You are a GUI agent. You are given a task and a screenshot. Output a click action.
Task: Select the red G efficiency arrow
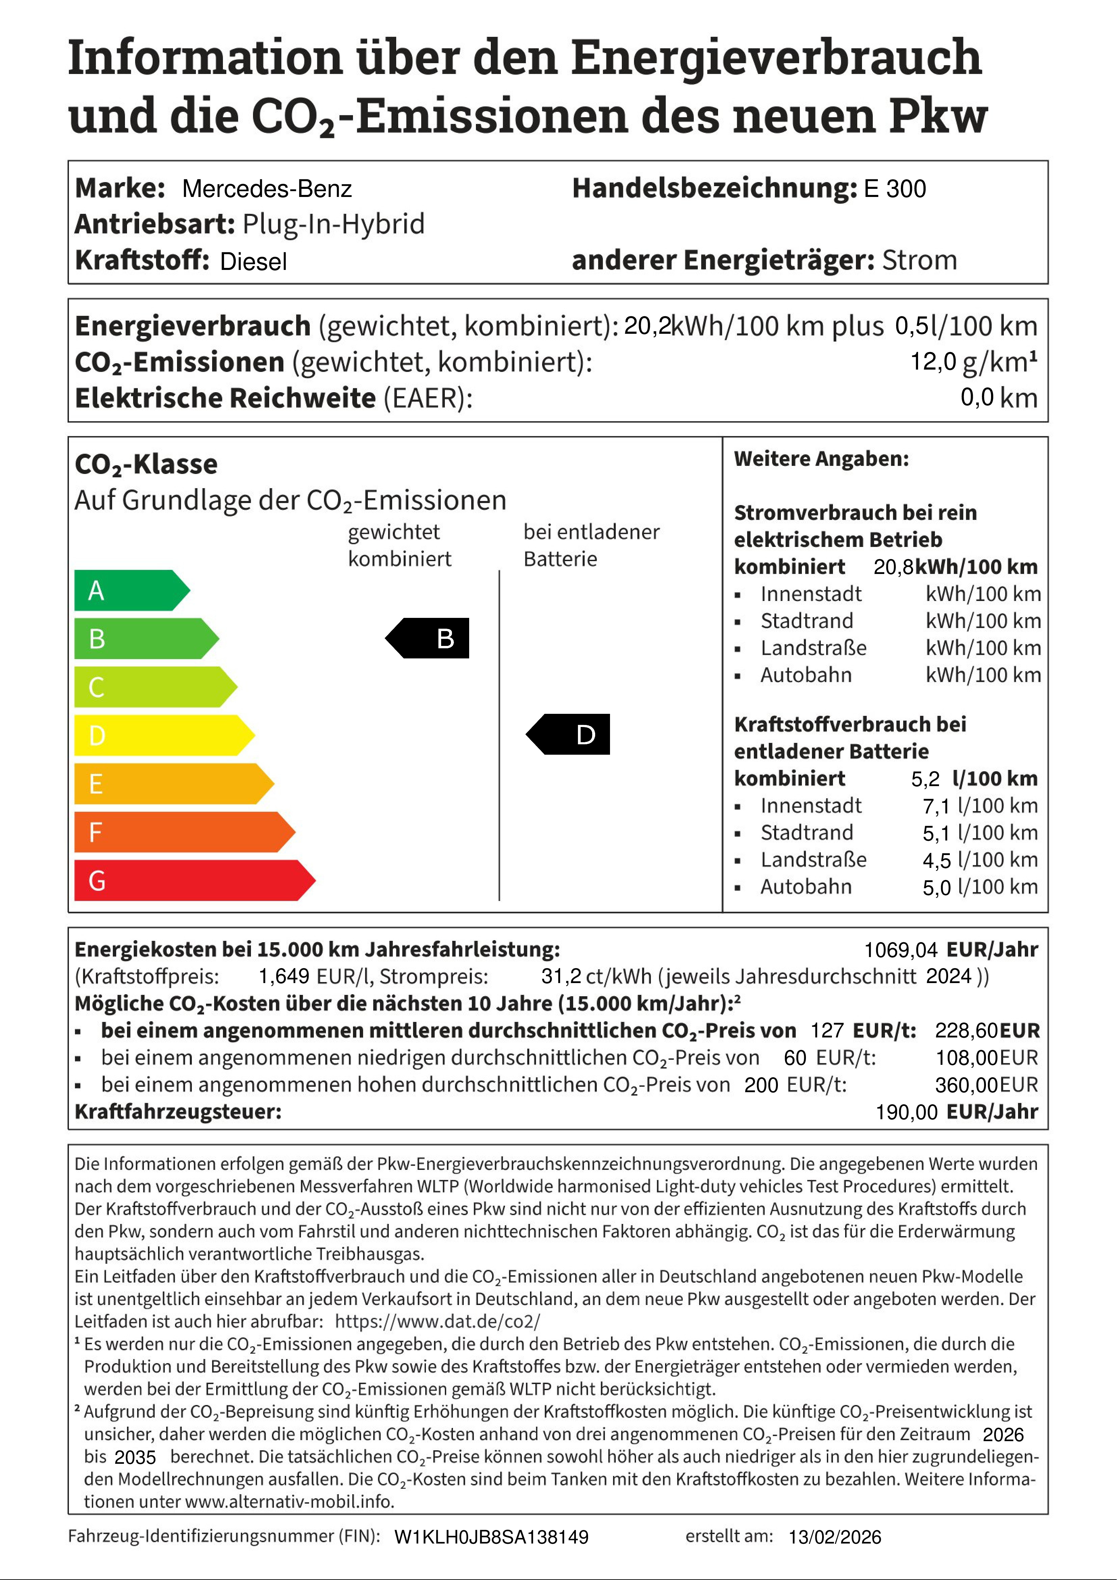pyautogui.click(x=193, y=880)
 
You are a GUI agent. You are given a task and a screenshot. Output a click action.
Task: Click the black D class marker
pyautogui.click(x=569, y=734)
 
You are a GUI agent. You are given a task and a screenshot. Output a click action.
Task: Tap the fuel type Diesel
pyautogui.click(x=253, y=261)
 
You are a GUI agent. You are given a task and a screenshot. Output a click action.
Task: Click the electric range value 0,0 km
pyautogui.click(x=998, y=398)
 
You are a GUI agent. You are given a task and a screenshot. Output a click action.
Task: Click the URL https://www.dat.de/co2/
pyautogui.click(x=438, y=1321)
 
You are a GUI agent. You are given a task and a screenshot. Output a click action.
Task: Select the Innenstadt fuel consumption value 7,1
pyautogui.click(x=936, y=806)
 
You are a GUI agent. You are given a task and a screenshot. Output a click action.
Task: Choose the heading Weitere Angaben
pyautogui.click(x=821, y=459)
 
